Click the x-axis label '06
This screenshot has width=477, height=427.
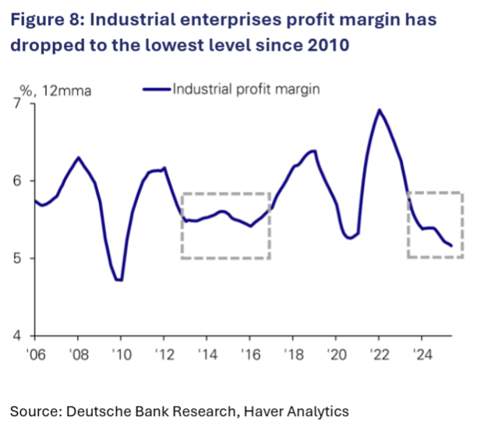[x=34, y=354]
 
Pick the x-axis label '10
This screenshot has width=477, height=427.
[x=121, y=354]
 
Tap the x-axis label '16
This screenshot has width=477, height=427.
[x=249, y=354]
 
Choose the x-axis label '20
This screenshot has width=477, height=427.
[x=336, y=354]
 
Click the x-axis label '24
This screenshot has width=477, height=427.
[x=422, y=354]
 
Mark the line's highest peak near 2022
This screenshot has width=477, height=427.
[x=380, y=110]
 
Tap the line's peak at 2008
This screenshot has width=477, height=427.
[x=78, y=157]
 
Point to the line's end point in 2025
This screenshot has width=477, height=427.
[x=451, y=245]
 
